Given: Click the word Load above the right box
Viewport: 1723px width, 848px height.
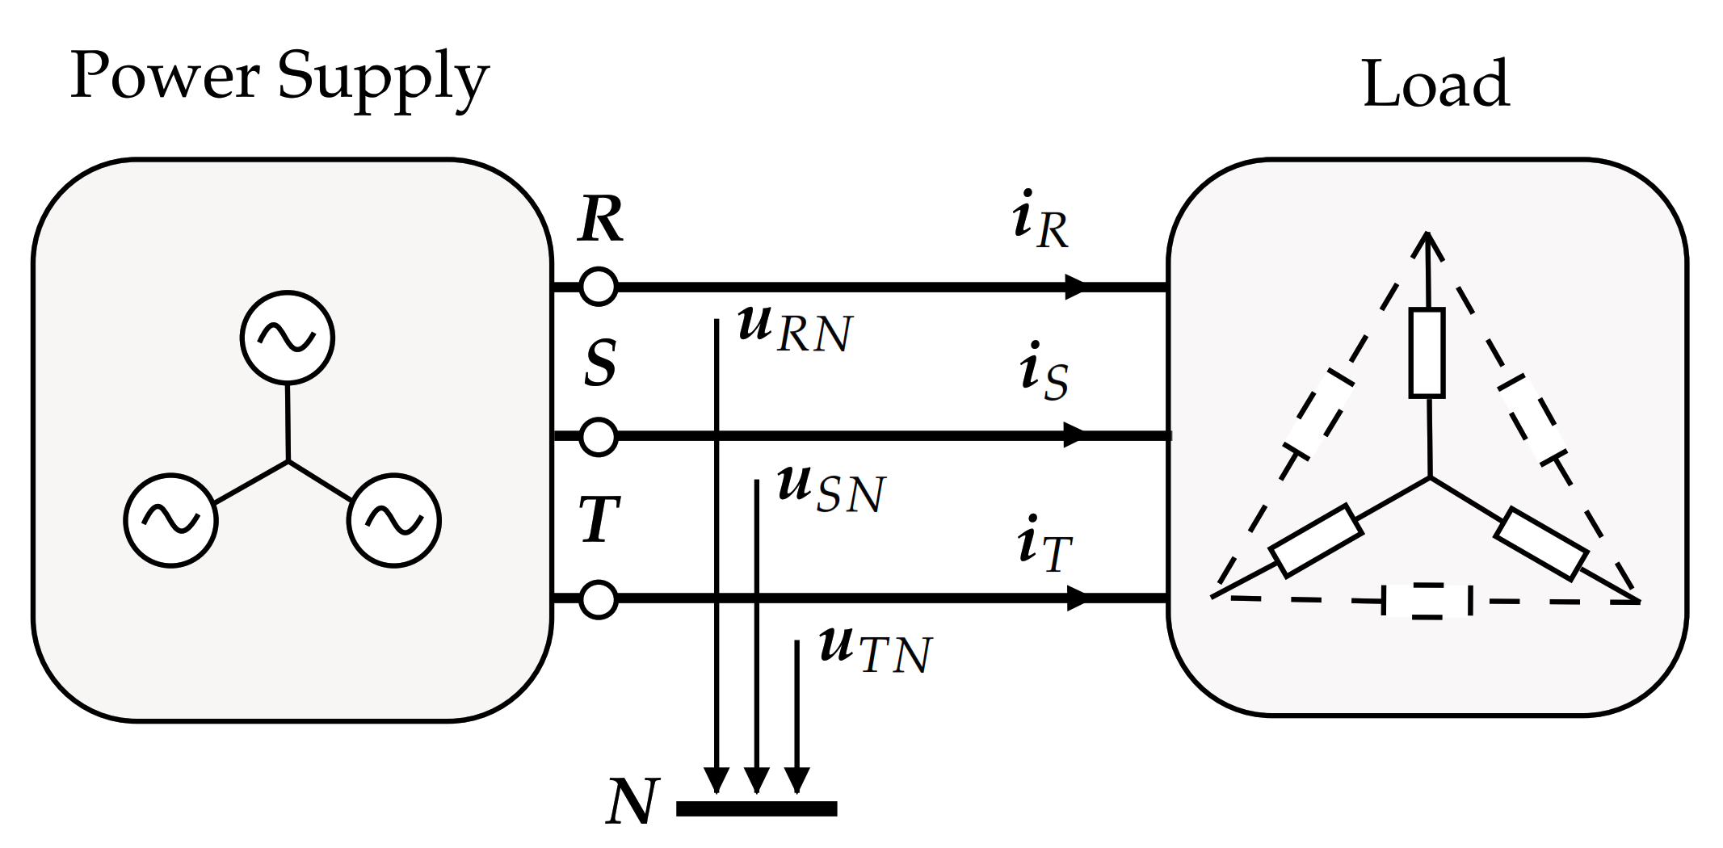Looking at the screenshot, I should [1435, 84].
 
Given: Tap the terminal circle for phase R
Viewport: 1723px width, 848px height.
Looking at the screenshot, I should [599, 286].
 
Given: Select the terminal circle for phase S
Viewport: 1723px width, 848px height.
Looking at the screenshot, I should [599, 436].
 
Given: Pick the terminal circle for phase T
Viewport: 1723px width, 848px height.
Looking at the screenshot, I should [599, 598].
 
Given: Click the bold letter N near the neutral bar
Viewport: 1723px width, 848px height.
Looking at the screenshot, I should [632, 802].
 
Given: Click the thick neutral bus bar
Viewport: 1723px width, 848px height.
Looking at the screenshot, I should [756, 808].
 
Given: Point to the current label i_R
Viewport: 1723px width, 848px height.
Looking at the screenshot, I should [1040, 221].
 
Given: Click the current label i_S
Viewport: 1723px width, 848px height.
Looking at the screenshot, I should [1043, 372].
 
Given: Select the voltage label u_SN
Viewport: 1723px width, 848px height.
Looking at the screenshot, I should [830, 489].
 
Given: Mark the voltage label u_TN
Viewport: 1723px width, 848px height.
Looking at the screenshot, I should [875, 650].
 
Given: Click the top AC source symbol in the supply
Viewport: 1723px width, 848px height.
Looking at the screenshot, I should [288, 338].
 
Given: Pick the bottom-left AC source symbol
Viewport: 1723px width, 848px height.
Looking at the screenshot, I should [170, 520].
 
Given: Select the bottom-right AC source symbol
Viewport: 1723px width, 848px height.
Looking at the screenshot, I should [394, 520].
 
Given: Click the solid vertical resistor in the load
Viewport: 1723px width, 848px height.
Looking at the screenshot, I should [1427, 353].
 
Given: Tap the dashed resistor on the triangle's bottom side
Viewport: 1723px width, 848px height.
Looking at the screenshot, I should [1427, 601].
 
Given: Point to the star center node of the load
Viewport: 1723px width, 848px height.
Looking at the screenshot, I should [1430, 478].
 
